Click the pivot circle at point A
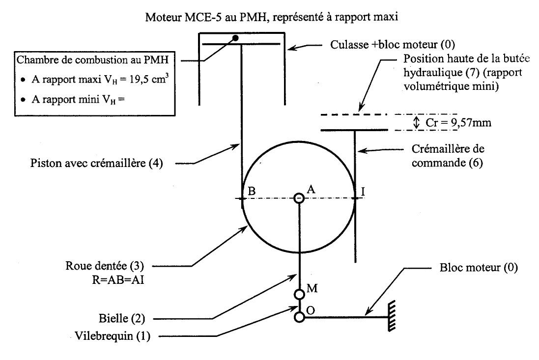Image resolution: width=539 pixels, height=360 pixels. point(299,198)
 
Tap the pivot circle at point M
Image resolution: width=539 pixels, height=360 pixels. point(299,294)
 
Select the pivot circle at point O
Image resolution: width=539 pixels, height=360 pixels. point(299,317)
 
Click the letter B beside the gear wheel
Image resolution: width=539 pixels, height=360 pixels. point(252,191)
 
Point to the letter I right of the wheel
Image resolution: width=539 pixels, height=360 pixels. point(363,191)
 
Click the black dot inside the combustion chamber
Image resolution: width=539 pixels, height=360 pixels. point(235,38)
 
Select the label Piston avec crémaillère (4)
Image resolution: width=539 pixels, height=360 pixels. point(97,163)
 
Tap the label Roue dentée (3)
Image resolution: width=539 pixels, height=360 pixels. point(105,266)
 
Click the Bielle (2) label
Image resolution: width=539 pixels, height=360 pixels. point(122,318)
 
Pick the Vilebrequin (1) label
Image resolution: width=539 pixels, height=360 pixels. point(113,335)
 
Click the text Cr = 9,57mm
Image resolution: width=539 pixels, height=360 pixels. point(458,123)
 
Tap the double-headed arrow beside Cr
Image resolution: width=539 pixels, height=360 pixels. point(417,122)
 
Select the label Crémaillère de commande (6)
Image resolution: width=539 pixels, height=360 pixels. point(448,156)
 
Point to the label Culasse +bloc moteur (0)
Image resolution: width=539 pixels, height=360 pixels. point(393,44)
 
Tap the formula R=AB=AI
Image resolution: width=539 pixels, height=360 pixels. point(118,280)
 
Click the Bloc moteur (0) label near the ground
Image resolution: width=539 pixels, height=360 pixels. point(479,268)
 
